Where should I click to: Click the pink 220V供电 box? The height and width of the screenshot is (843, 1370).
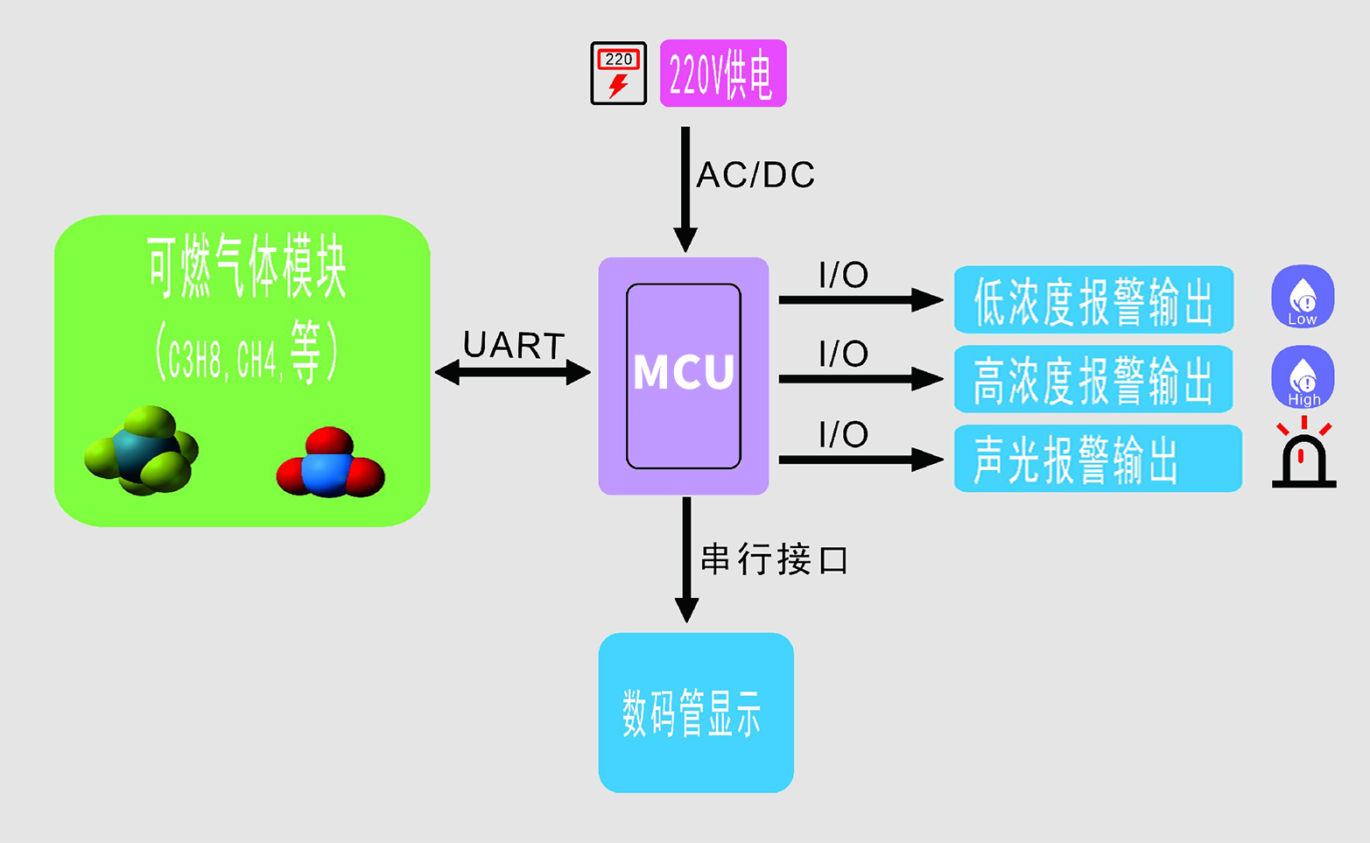click(x=723, y=74)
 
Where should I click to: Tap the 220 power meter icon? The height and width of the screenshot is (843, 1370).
click(x=618, y=74)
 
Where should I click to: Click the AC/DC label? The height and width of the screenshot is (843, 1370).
click(x=755, y=175)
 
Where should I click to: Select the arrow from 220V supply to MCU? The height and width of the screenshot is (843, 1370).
click(x=685, y=188)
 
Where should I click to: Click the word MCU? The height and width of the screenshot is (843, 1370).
click(x=684, y=373)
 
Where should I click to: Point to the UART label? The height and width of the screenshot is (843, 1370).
click(x=514, y=346)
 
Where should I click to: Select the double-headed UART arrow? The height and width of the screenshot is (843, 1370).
click(x=513, y=373)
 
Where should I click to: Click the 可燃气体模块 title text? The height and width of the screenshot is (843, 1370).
click(x=246, y=268)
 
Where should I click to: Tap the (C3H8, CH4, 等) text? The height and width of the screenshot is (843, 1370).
click(x=246, y=354)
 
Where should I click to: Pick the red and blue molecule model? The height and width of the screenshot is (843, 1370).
click(x=330, y=464)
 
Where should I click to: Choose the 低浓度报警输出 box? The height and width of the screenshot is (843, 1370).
click(x=1093, y=300)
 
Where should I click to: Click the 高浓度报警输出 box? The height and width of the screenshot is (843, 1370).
click(x=1093, y=379)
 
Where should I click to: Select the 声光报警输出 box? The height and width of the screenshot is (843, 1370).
click(x=1097, y=459)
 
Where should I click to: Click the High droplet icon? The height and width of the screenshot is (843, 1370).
click(x=1303, y=377)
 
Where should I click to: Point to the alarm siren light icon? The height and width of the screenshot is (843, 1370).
click(x=1303, y=455)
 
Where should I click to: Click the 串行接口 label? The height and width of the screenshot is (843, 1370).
click(x=775, y=559)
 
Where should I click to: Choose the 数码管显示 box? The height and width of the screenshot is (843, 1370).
click(x=696, y=713)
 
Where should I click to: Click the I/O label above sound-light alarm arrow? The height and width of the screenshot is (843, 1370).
click(x=843, y=434)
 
